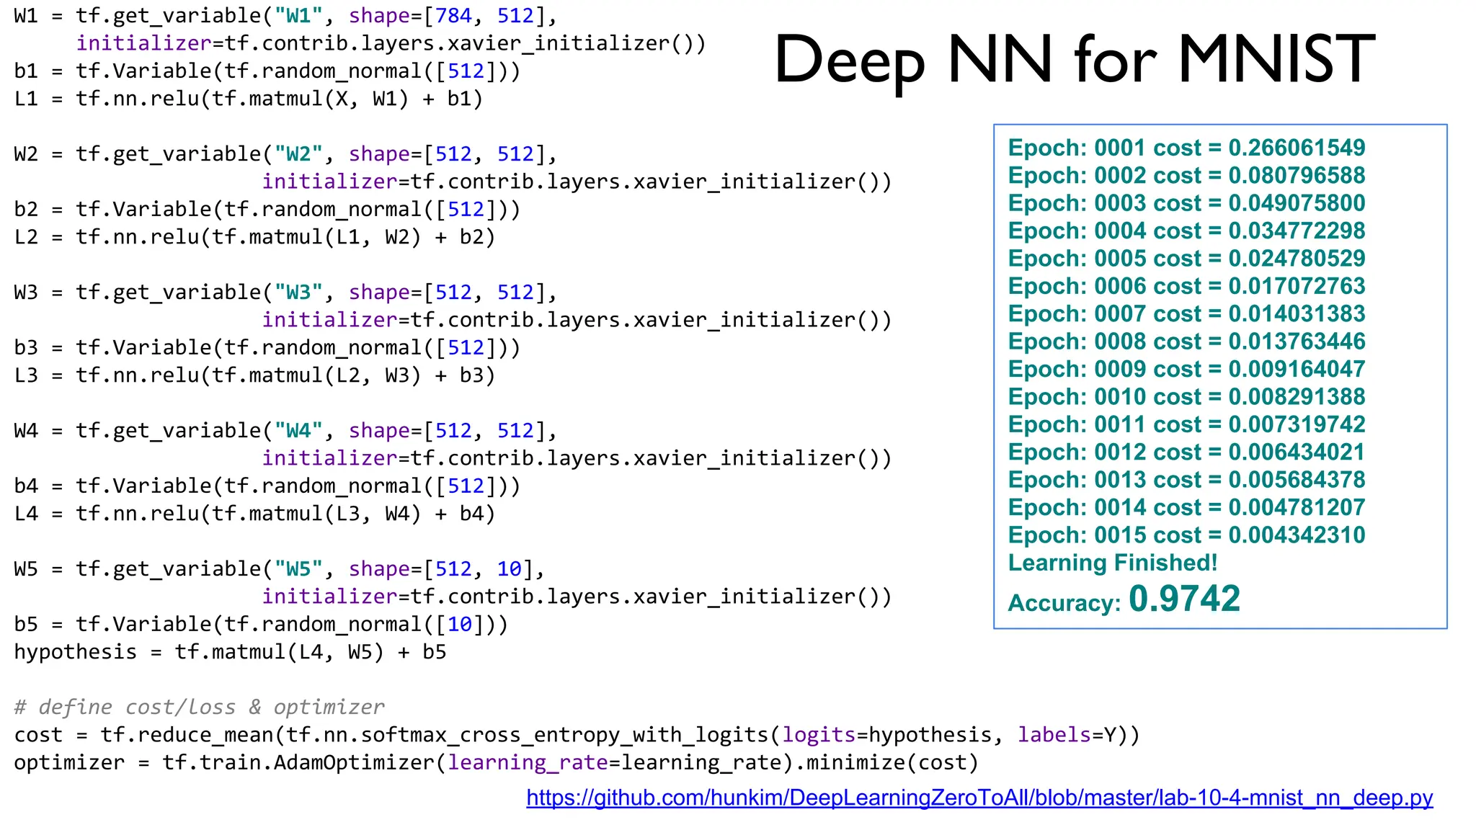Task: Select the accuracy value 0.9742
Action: coord(1184,599)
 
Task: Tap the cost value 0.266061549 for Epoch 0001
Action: coord(1297,148)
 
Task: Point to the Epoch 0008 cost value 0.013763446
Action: coord(1297,342)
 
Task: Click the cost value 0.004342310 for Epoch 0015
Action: coord(1297,535)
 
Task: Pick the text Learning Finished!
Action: coord(1113,563)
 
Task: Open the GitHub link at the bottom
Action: coord(979,798)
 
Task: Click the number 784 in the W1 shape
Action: coord(453,15)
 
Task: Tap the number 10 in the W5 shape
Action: coord(510,568)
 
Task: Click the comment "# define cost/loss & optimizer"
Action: coord(199,707)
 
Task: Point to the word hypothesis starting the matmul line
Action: coord(76,652)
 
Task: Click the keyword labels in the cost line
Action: coord(1054,735)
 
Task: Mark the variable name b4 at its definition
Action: coord(26,486)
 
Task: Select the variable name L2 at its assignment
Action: coord(26,237)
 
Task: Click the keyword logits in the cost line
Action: coord(819,735)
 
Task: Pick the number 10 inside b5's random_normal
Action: coord(460,624)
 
